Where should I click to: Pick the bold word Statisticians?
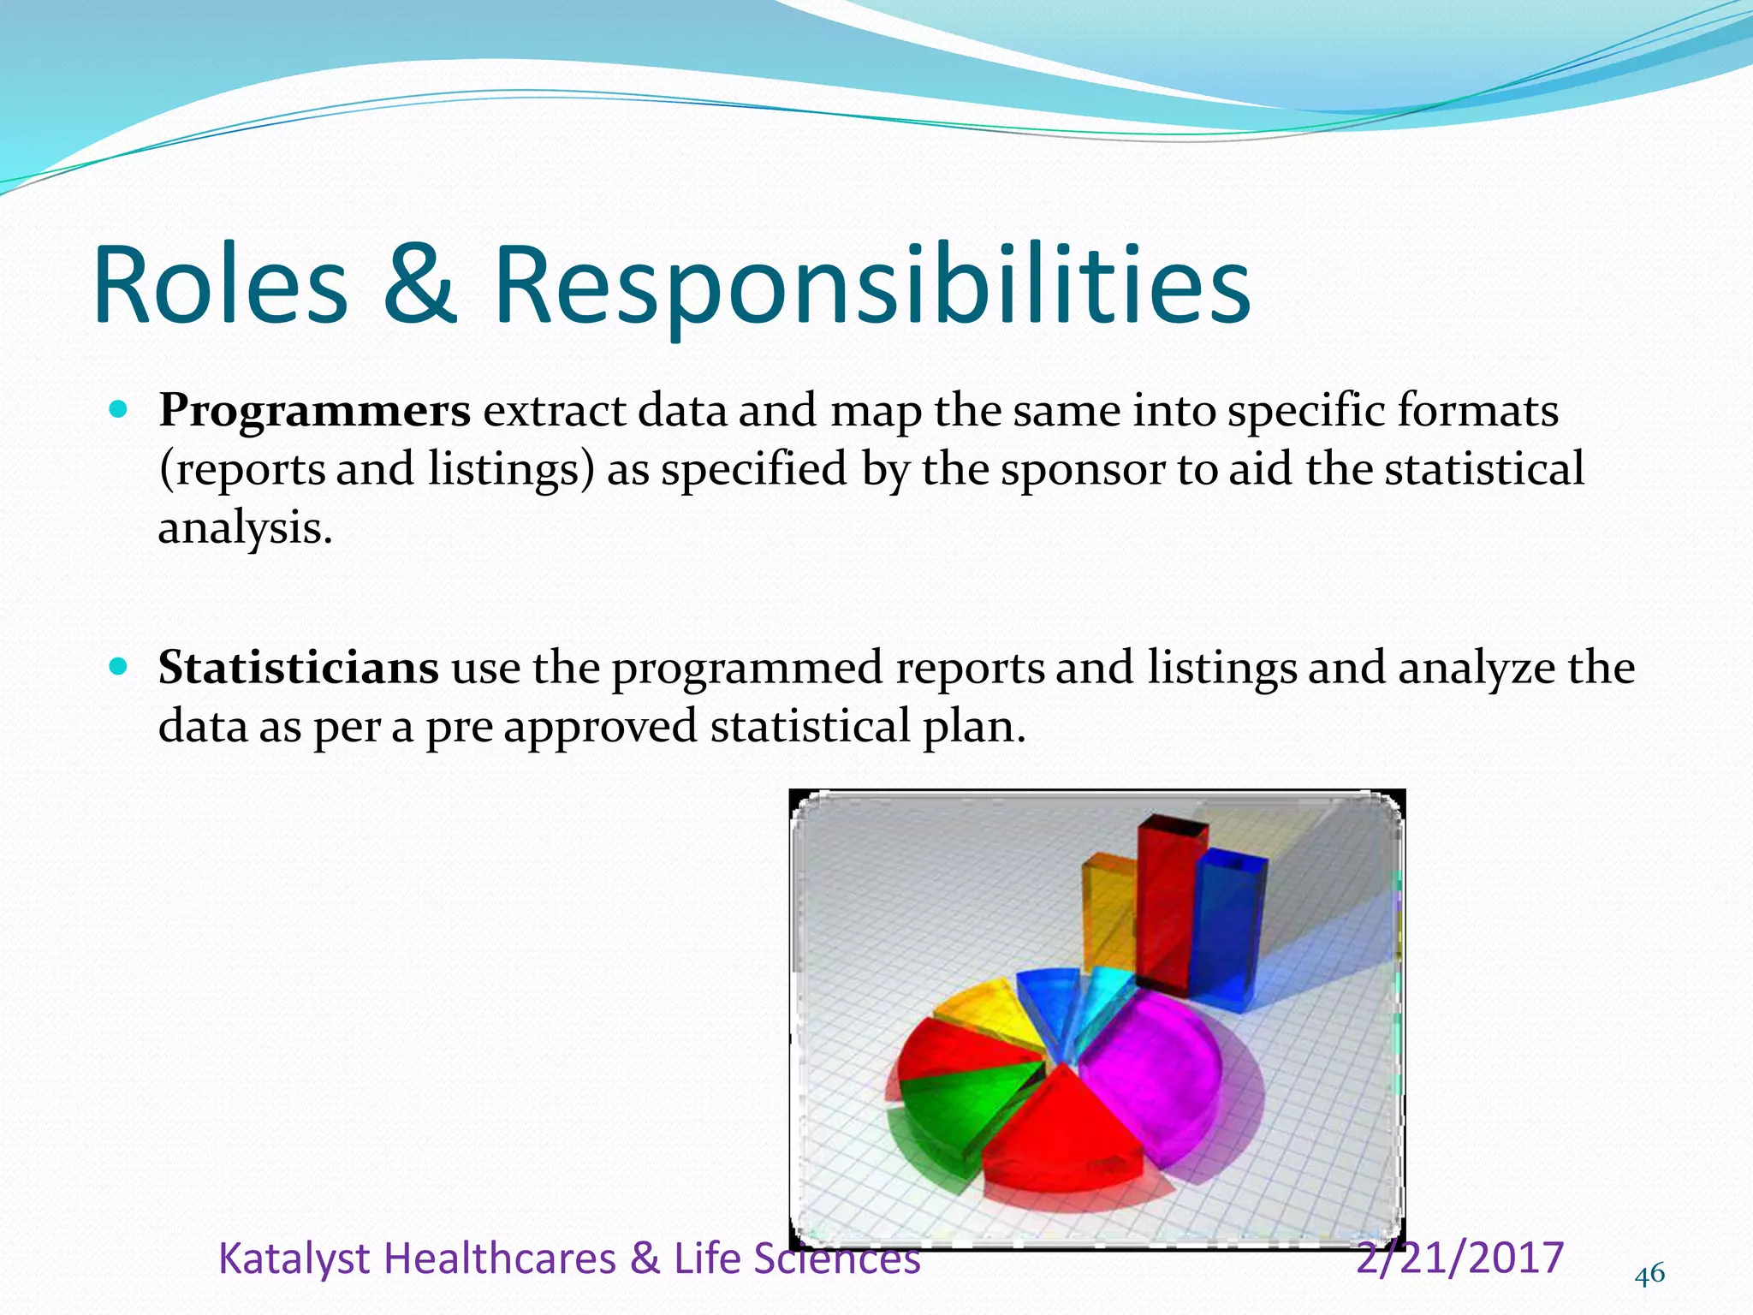[298, 669]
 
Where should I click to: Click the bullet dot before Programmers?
[119, 409]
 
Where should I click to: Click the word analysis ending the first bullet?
[244, 529]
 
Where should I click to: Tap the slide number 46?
[1649, 1275]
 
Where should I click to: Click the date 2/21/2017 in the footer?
[1460, 1258]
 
